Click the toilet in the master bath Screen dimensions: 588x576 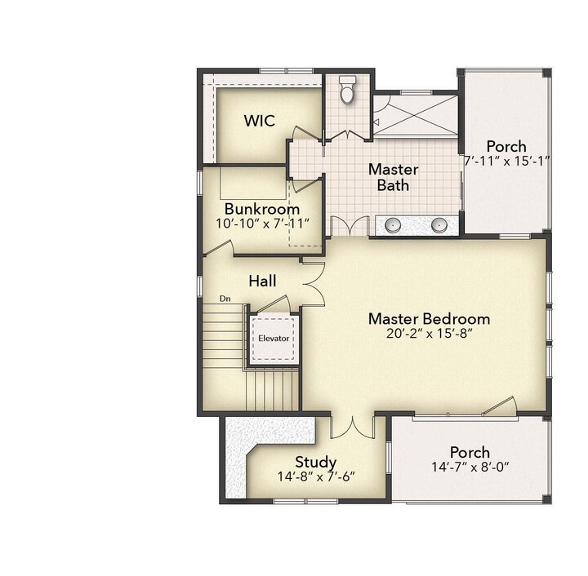pos(347,90)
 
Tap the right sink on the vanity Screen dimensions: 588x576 pos(439,224)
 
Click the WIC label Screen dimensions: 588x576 pos(260,121)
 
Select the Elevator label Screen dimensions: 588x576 pos(274,339)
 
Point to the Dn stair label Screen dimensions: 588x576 pos(225,299)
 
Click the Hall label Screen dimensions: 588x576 pos(262,281)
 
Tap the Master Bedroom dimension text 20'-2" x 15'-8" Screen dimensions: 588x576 pos(429,333)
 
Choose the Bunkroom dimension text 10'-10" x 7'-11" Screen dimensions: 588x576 pos(262,224)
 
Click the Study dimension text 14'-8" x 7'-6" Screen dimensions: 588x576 pos(316,476)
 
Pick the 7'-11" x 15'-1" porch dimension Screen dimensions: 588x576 pos(507,161)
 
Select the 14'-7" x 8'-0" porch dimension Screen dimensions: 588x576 pos(470,467)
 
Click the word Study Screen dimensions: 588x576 pos(316,463)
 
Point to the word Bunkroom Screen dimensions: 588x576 pos(262,209)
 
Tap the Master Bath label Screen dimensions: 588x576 pos(393,177)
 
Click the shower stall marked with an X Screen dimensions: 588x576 pos(416,114)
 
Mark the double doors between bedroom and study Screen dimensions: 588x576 pos(353,426)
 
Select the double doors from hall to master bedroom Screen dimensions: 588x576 pos(314,283)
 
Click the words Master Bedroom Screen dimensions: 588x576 pos(429,319)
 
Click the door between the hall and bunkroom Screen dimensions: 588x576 pos(219,248)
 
